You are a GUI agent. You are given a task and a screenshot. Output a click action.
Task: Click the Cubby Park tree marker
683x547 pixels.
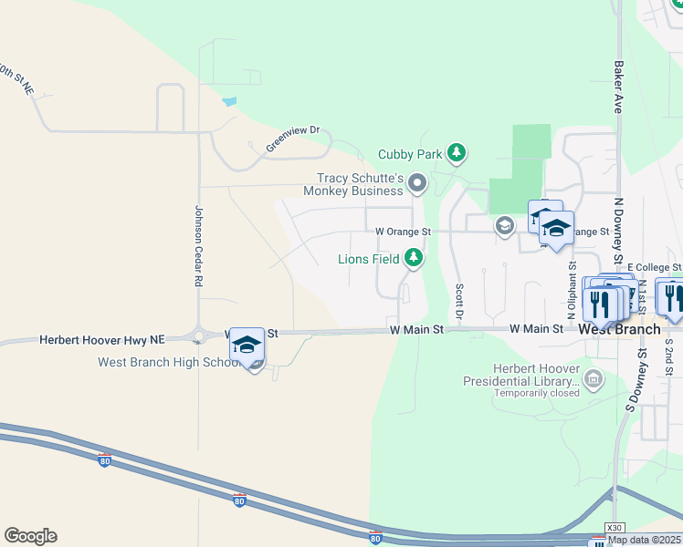[x=457, y=154]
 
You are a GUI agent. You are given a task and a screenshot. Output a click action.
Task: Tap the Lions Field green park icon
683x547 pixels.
[x=415, y=259]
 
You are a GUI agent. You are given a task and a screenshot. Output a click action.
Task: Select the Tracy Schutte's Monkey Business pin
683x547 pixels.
[x=418, y=184]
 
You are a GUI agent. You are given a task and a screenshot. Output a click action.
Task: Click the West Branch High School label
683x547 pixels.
[x=169, y=362]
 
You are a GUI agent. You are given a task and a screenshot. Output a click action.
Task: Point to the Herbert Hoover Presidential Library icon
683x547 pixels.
[x=594, y=377]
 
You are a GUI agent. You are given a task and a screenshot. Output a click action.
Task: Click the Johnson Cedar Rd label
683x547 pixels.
[x=197, y=246]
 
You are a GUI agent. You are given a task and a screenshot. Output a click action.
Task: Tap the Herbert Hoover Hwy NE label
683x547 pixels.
[x=100, y=339]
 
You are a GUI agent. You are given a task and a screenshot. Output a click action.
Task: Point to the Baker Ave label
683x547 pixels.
[x=618, y=87]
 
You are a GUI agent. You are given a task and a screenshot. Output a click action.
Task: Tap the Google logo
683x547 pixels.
[x=30, y=536]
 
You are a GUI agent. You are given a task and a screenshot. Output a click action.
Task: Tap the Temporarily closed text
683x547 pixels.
[x=537, y=393]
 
